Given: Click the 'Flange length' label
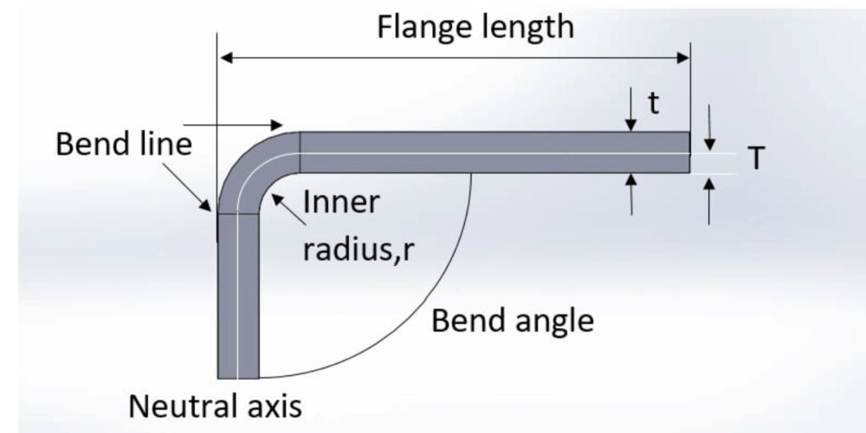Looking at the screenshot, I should coord(475,27).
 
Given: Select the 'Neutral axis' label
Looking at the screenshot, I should coord(216,404).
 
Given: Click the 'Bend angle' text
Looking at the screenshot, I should coord(513,321).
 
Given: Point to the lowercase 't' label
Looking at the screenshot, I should coord(654,105).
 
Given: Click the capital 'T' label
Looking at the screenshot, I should coord(756,158).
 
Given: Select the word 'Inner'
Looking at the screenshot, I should coord(341,203).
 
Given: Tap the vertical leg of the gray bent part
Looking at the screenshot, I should coord(238,294).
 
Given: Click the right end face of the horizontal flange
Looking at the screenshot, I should coord(689,152).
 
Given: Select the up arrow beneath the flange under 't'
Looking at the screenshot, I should coord(631,191).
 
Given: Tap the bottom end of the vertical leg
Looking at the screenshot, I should coord(238,378).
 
